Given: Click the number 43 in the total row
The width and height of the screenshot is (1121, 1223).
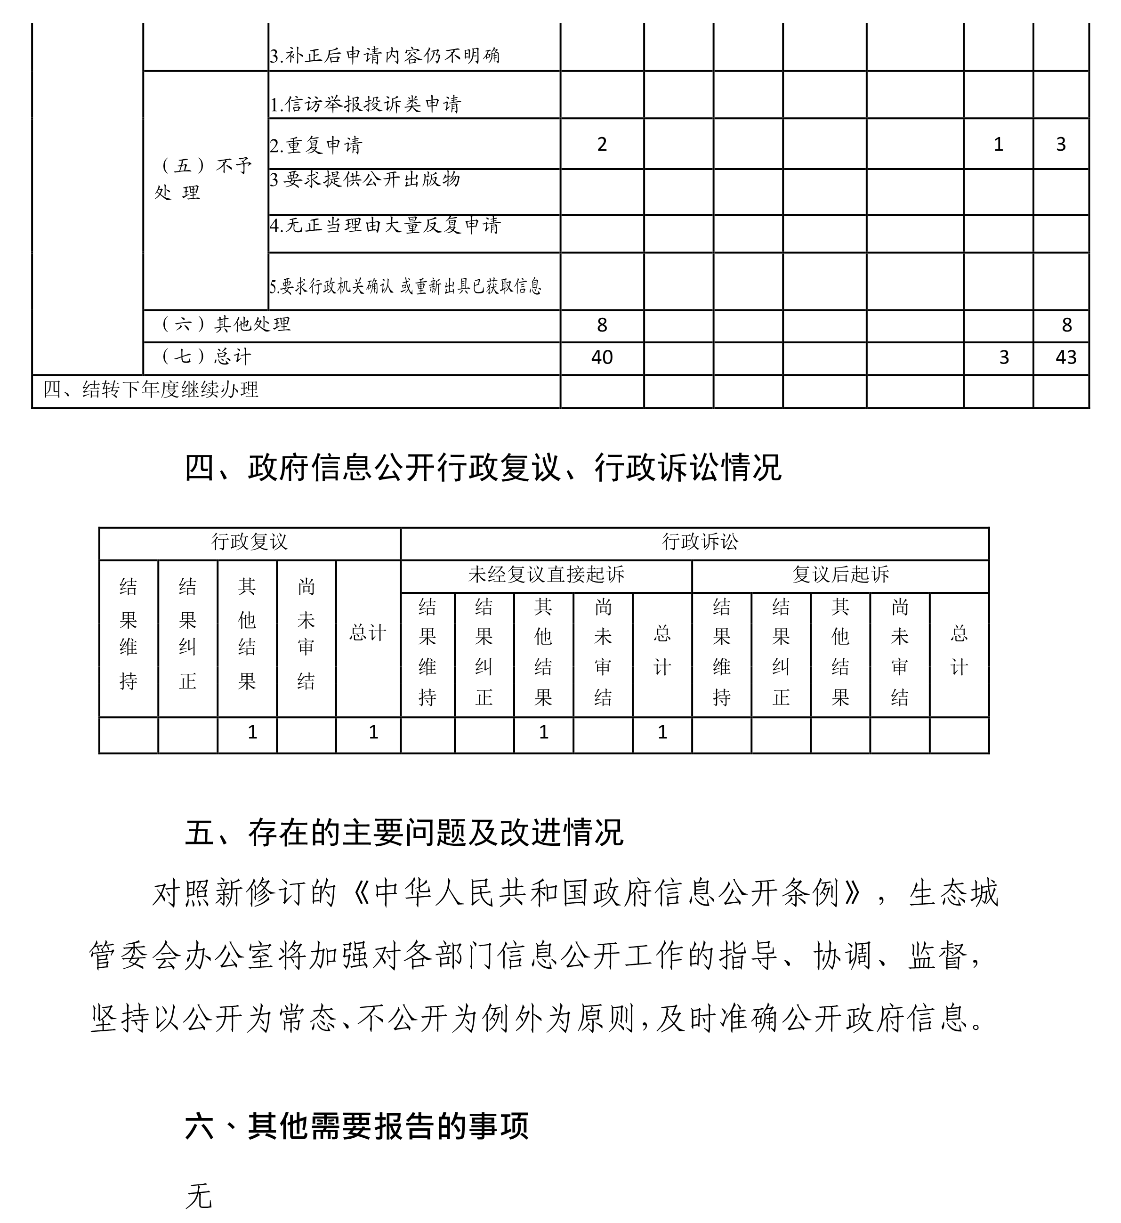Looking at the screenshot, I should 1066,357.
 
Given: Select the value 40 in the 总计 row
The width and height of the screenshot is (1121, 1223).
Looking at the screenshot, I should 602,357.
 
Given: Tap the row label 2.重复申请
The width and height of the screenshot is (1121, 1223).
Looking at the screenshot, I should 316,146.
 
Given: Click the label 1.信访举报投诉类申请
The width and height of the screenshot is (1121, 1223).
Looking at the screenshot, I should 366,105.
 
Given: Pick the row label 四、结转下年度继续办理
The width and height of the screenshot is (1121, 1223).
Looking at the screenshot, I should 152,389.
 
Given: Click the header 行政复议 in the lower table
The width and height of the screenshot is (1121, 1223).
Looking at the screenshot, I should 250,542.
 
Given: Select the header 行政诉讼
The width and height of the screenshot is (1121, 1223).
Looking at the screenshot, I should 700,542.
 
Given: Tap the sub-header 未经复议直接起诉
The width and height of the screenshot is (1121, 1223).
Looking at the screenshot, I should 546,575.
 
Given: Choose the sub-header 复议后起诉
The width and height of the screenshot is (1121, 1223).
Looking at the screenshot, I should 840,575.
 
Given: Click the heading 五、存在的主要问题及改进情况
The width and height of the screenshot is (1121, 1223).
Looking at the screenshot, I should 404,833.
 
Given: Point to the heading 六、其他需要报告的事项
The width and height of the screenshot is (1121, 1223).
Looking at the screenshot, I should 357,1126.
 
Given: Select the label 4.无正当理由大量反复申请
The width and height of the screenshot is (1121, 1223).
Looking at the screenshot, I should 385,226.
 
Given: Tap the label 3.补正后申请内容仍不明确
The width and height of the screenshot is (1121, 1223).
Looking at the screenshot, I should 385,56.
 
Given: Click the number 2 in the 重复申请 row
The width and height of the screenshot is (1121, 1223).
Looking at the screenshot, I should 602,145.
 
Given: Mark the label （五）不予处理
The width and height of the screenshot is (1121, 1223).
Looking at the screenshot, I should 204,179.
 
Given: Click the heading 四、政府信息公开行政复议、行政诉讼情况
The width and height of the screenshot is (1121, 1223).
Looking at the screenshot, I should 483,468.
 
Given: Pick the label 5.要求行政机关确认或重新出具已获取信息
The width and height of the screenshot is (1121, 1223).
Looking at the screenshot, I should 405,286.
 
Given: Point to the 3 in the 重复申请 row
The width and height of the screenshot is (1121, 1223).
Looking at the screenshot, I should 1061,145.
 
